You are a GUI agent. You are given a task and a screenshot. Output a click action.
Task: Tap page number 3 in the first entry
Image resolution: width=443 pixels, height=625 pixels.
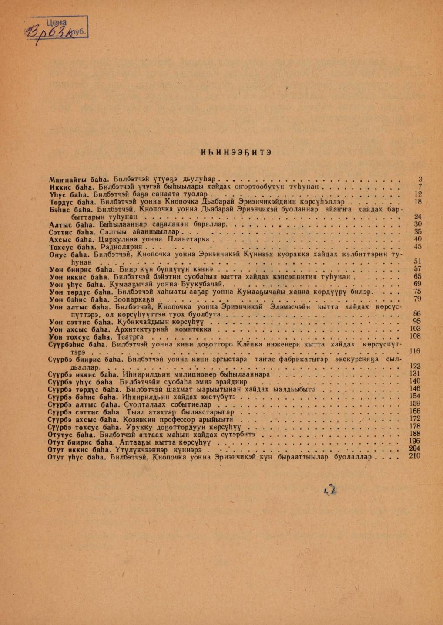pyautogui.click(x=420, y=179)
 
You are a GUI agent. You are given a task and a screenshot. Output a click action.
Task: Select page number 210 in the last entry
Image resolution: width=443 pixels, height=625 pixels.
pyautogui.click(x=415, y=456)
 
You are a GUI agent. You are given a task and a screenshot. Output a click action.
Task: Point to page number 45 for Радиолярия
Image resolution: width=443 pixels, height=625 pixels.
pyautogui.click(x=418, y=247)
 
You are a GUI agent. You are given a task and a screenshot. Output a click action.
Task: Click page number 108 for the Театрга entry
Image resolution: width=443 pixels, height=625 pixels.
pyautogui.click(x=415, y=336)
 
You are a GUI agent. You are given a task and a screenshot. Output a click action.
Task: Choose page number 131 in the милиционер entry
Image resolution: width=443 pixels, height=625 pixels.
pyautogui.click(x=415, y=374)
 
